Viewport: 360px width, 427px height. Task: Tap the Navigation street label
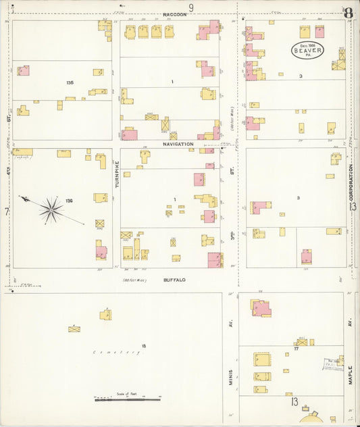[x=178, y=144]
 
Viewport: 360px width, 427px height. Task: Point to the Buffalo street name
[x=174, y=279]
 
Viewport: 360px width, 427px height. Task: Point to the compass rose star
[x=51, y=210]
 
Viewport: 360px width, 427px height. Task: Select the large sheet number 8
[x=348, y=12]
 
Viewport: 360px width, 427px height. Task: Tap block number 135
[x=69, y=82]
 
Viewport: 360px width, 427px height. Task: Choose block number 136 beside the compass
[x=69, y=201]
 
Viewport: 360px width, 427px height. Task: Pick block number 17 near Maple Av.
[x=296, y=349]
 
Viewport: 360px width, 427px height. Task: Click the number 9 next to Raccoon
[x=191, y=7]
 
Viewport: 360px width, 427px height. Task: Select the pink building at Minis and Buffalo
[x=261, y=309]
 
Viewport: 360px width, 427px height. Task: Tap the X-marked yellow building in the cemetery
[x=74, y=329]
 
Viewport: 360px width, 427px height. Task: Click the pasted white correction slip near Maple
[x=333, y=365]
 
